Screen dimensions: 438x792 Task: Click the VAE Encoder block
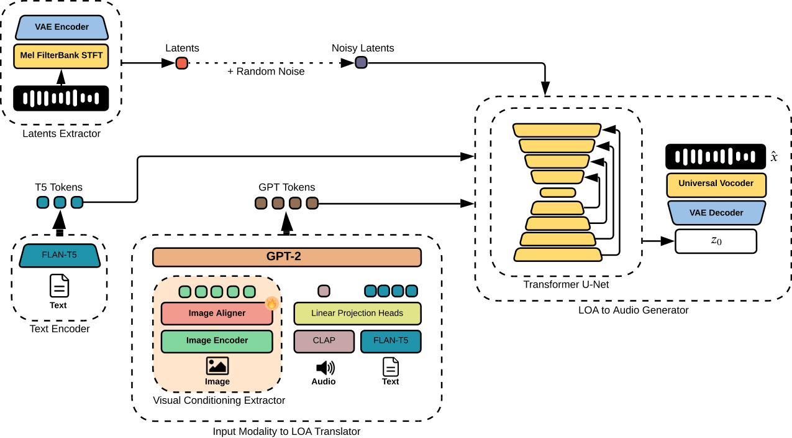[x=61, y=27]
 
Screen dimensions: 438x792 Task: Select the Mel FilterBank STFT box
[x=61, y=55]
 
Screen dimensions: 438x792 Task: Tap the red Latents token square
[x=181, y=63]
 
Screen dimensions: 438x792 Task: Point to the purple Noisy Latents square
[x=361, y=63]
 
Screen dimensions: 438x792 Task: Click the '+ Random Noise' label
[x=266, y=72]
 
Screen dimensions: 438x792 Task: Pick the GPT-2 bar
[x=286, y=257]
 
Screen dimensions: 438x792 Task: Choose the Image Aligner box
[x=217, y=314]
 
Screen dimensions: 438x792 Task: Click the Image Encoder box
[x=217, y=341]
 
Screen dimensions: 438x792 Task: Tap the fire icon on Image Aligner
[x=271, y=304]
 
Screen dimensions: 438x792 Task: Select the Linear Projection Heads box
[x=357, y=314]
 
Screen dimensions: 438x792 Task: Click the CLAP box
[x=324, y=341]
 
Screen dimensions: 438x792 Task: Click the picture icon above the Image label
[x=217, y=366]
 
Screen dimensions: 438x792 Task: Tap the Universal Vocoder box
[x=716, y=184]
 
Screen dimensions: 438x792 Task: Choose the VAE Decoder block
[x=716, y=213]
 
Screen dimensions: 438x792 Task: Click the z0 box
[x=716, y=241]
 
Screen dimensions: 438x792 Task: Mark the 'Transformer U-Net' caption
[x=565, y=285]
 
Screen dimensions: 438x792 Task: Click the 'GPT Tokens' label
[x=286, y=187]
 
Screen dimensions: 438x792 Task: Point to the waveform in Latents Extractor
[x=61, y=98]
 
